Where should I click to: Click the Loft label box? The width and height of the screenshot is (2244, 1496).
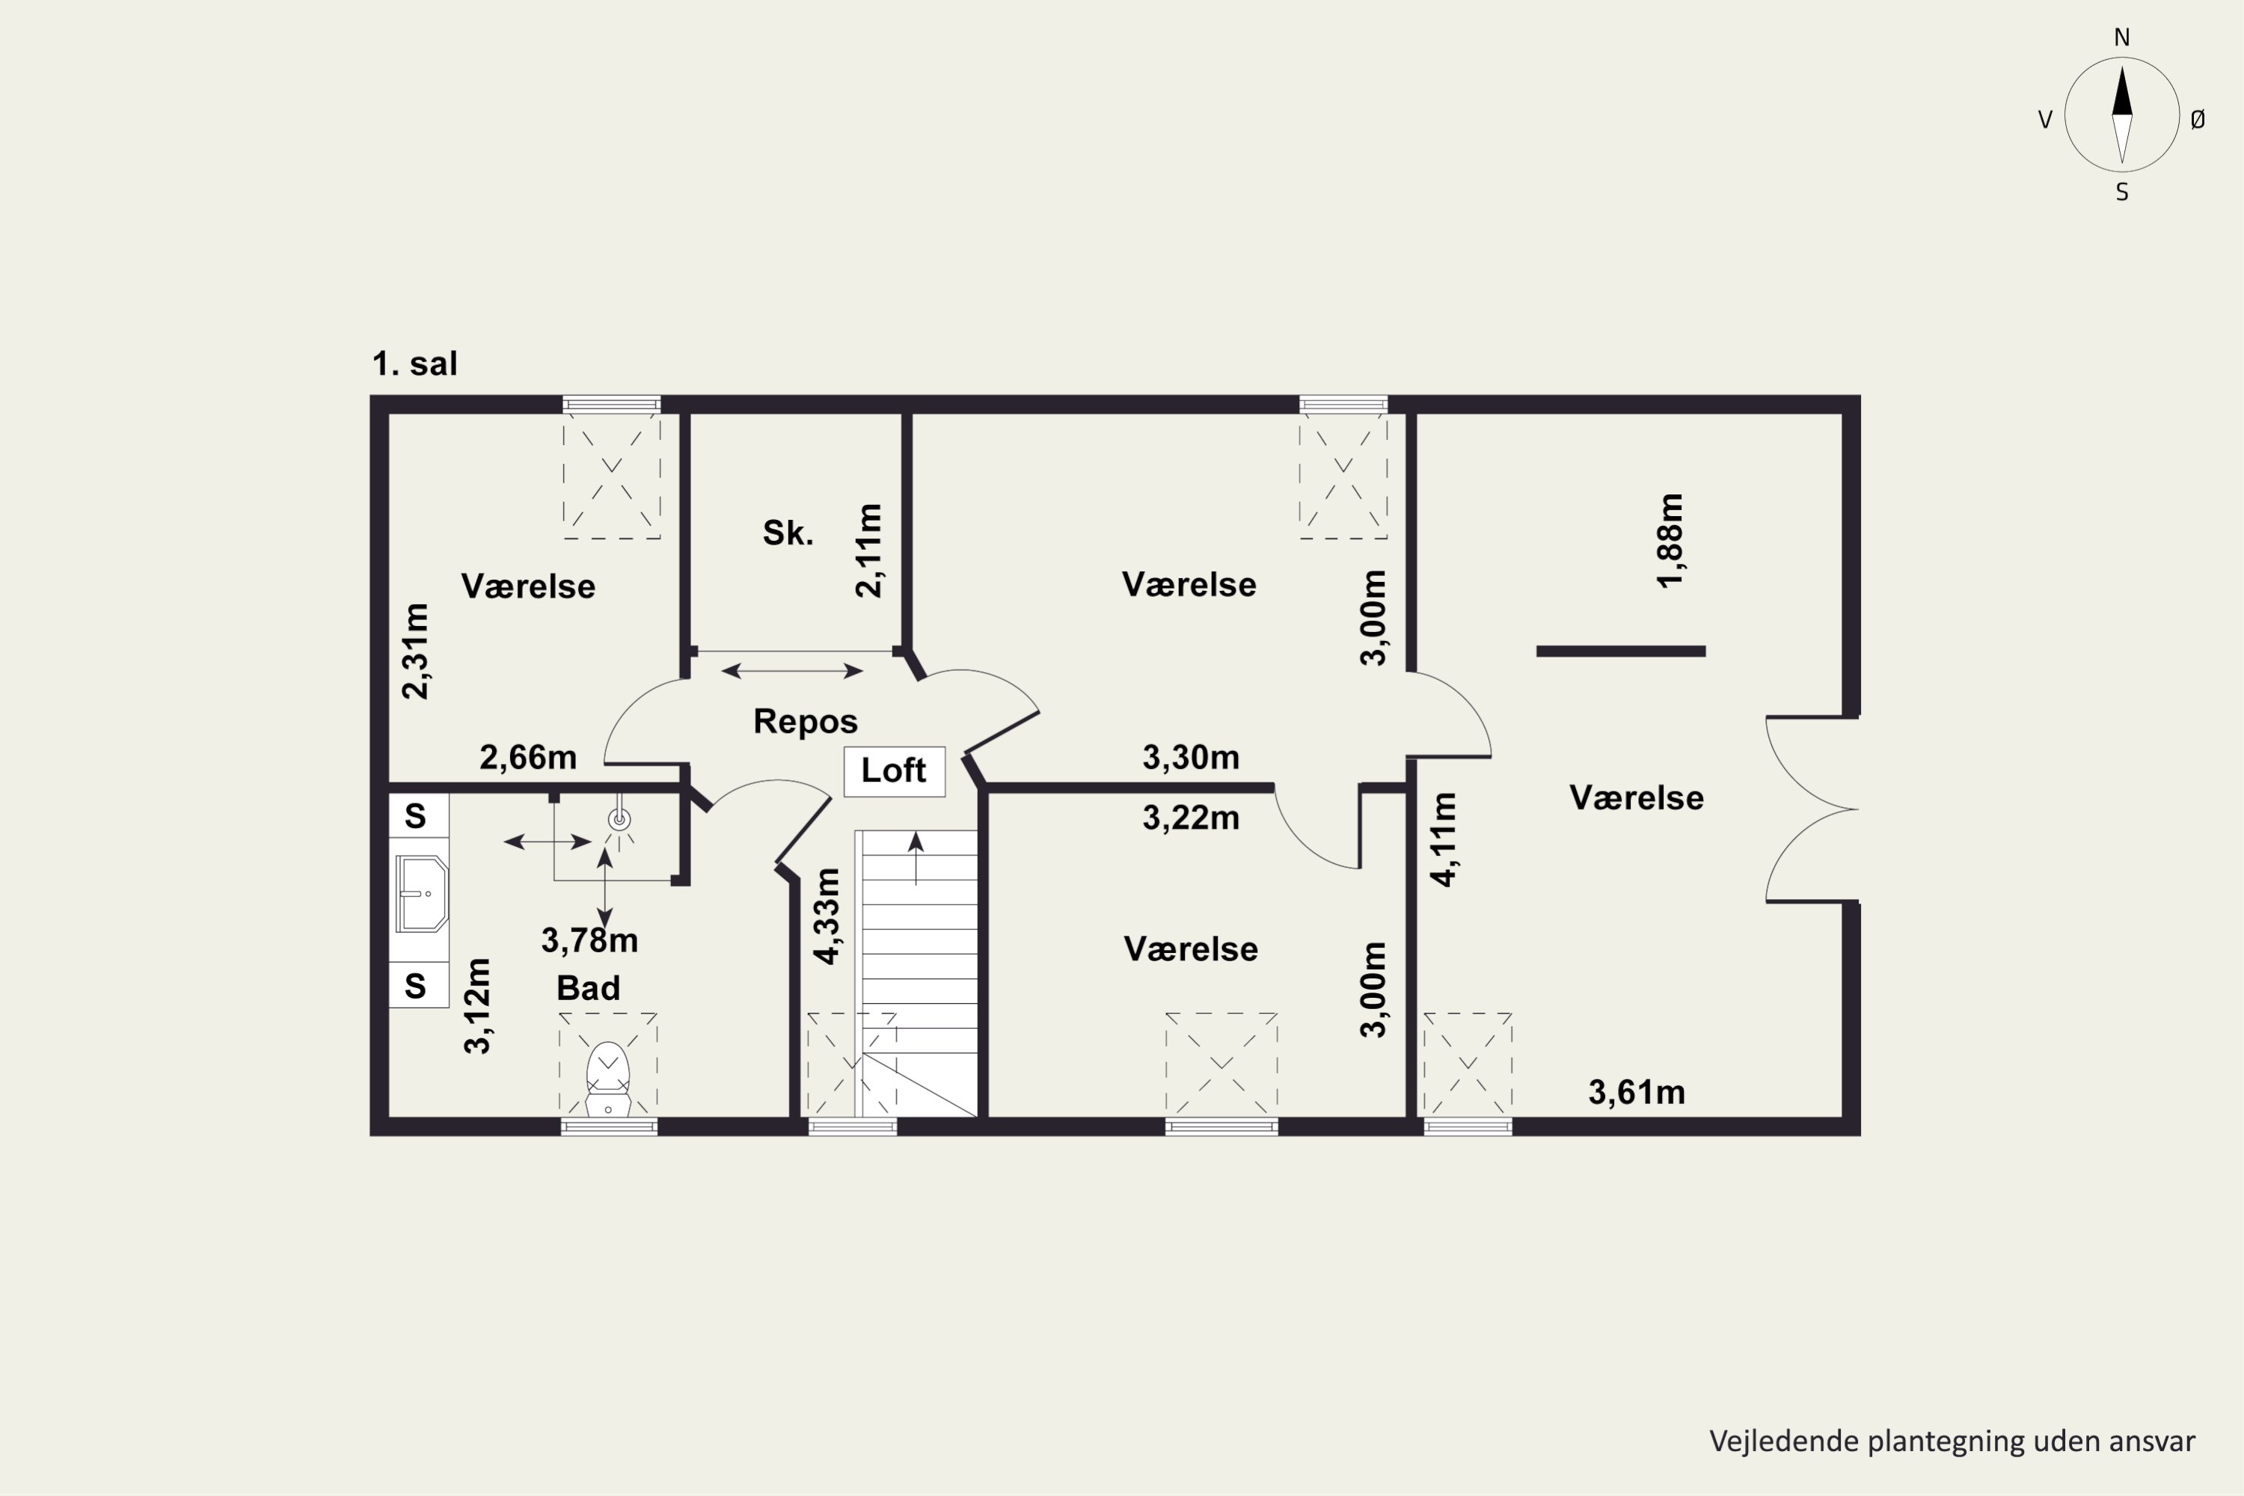point(894,771)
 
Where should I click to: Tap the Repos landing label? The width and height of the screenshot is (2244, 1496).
point(806,721)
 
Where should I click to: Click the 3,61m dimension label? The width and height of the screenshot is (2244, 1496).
point(1637,1092)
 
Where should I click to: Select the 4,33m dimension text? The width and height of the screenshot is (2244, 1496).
point(827,916)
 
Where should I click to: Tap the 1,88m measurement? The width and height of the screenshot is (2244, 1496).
point(1670,541)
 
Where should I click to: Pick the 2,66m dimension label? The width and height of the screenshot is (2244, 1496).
point(527,758)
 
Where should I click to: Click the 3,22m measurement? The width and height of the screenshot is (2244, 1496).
point(1191,818)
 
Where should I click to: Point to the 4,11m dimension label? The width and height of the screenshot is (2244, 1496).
point(1444,839)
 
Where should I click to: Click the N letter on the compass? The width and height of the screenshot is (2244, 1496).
point(2122,37)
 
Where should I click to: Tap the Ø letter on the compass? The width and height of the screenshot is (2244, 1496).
point(2198,119)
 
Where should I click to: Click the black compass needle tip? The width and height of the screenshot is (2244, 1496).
point(2122,66)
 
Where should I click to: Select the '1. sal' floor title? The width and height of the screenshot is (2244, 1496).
point(414,364)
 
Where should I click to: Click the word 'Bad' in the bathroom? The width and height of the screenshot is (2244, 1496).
point(588,987)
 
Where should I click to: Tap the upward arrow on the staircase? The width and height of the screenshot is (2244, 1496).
point(916,858)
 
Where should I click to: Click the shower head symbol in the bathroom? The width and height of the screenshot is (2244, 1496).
point(620,818)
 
